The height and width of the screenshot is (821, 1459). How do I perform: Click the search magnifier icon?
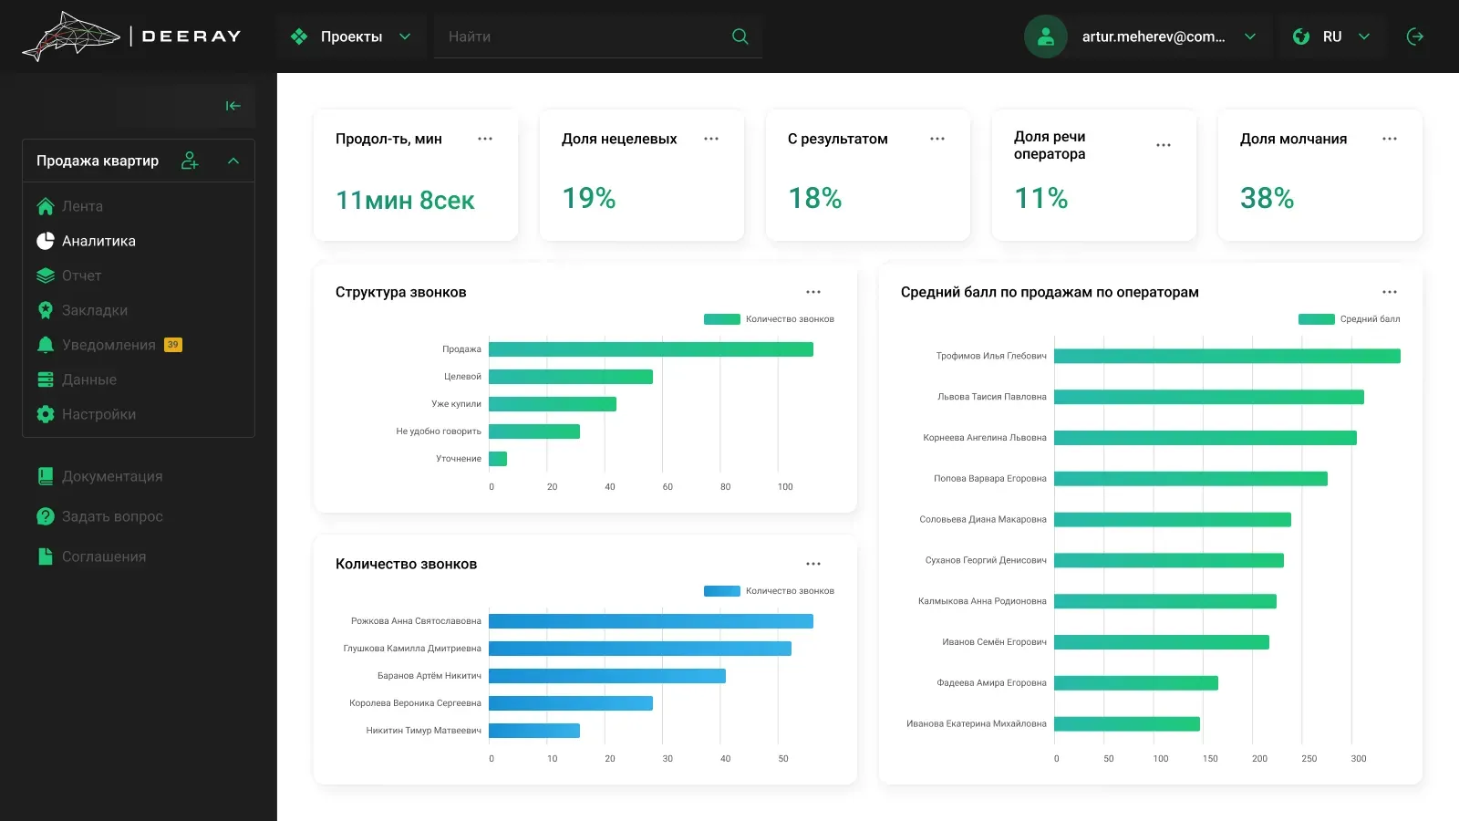740,36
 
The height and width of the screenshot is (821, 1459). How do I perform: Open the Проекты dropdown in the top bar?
351,36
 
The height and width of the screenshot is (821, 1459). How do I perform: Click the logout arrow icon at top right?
1414,36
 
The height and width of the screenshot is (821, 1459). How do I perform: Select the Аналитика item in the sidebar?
98,241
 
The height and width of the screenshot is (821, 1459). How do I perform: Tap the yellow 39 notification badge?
172,345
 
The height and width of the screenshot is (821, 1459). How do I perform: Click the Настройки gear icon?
46,414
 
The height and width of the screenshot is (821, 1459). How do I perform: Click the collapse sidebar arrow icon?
233,106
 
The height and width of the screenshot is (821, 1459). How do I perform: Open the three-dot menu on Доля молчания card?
1390,139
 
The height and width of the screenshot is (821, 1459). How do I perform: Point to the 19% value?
589,198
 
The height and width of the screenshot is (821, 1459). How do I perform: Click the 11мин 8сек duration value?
405,200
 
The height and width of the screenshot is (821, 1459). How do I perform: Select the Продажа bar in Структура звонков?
651,349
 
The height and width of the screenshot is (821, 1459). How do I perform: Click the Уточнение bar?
498,459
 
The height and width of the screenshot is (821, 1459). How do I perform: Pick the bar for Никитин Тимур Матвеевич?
534,731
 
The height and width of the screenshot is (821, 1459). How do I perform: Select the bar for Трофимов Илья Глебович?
1227,356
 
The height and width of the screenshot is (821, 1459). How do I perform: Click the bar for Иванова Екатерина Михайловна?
1127,724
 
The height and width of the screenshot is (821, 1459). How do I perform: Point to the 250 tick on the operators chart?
1309,758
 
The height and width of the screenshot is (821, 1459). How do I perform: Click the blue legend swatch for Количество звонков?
721,591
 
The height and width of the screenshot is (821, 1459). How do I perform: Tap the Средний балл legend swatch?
1317,319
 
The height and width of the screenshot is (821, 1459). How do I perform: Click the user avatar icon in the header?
1045,36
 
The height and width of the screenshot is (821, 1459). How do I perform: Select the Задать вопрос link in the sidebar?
112,516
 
